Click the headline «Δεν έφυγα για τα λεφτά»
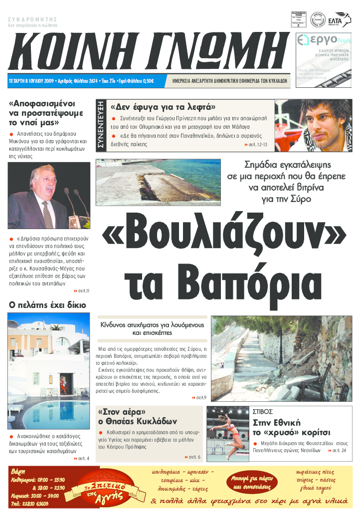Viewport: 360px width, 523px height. coord(163,107)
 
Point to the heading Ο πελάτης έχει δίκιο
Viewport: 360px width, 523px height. coord(48,305)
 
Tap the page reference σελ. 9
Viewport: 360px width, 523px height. coord(199,397)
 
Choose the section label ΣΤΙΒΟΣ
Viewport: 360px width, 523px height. coord(263,413)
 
